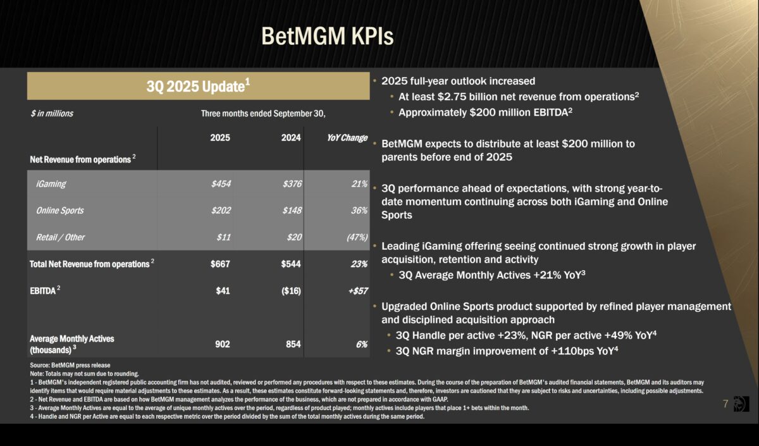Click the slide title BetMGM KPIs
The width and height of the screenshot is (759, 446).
[x=327, y=36]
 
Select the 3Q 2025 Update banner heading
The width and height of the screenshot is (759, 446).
[x=198, y=86]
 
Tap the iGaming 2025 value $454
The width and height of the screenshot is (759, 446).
[x=221, y=184]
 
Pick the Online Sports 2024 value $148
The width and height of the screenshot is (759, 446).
[x=292, y=211]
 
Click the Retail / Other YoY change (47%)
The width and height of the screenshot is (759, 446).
[x=357, y=237]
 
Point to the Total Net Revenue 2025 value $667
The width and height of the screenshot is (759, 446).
[x=220, y=264]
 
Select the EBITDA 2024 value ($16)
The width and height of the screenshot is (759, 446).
[x=290, y=290]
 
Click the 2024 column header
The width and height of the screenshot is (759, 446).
[x=292, y=138]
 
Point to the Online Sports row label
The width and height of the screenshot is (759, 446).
[x=59, y=211]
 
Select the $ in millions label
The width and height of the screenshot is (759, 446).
[x=52, y=114]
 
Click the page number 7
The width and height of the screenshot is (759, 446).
[x=726, y=404]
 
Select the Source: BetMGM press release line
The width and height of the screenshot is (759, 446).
[x=70, y=365]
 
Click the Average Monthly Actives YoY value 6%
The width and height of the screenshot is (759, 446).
[x=361, y=344]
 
